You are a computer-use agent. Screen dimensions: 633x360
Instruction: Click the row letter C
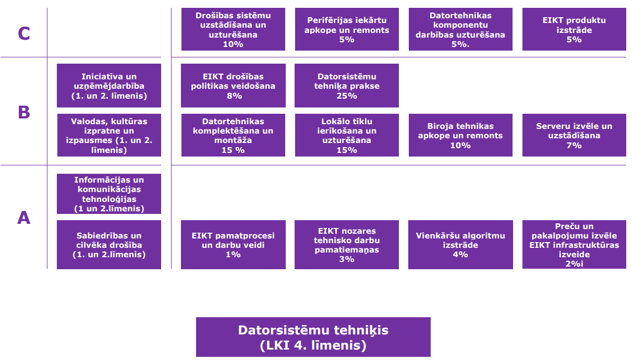point(24,33)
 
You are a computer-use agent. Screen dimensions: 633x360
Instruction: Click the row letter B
point(24,112)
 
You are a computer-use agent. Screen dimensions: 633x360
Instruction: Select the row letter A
point(24,218)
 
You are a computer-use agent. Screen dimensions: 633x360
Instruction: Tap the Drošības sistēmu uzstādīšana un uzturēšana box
point(233,29)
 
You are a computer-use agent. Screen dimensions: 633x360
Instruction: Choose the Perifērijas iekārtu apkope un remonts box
point(347,29)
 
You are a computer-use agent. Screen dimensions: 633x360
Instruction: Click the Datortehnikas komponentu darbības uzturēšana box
point(460,29)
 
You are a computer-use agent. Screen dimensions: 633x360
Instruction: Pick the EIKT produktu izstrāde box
point(574,29)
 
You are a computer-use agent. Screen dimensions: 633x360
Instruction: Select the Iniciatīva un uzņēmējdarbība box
point(109,86)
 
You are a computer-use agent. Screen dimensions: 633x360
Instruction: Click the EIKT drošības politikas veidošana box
point(233,86)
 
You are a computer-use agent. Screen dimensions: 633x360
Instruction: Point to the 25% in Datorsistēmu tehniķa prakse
point(347,96)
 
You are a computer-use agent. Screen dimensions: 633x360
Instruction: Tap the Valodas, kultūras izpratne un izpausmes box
point(109,135)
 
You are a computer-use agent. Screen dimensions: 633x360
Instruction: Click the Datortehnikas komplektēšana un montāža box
point(233,135)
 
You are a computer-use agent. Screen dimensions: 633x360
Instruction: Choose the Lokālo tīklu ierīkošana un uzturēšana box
point(347,135)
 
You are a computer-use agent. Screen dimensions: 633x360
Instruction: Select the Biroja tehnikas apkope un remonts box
point(460,135)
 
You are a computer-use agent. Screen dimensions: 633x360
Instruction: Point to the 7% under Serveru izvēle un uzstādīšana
point(574,146)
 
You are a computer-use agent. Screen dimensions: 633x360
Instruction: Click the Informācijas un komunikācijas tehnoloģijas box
point(109,194)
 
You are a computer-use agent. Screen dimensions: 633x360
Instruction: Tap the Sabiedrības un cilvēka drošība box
point(109,245)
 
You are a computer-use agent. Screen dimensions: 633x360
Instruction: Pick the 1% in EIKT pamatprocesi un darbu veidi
point(233,255)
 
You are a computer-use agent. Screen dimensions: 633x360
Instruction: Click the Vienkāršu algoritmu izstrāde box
point(460,245)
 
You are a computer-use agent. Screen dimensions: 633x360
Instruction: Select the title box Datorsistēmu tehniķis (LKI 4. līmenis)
point(313,337)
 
